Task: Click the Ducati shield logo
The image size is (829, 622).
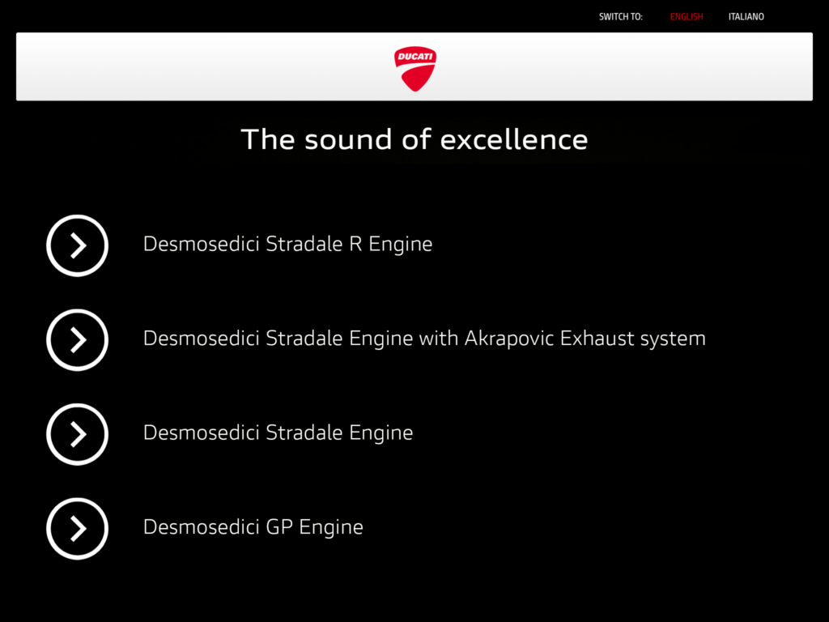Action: click(415, 69)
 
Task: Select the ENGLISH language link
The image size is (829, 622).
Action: click(687, 17)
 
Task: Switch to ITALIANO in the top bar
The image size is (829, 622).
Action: click(746, 17)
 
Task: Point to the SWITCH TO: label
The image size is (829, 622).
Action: click(621, 17)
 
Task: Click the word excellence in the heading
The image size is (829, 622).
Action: click(514, 139)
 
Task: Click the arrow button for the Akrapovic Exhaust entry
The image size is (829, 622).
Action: click(77, 339)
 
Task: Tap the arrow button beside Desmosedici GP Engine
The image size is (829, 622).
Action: click(77, 528)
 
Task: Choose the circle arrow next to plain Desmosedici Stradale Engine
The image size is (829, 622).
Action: click(77, 434)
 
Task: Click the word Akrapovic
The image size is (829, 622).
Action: click(509, 339)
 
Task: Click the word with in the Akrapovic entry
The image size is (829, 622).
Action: click(438, 338)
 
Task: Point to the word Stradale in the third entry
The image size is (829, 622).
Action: click(304, 432)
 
